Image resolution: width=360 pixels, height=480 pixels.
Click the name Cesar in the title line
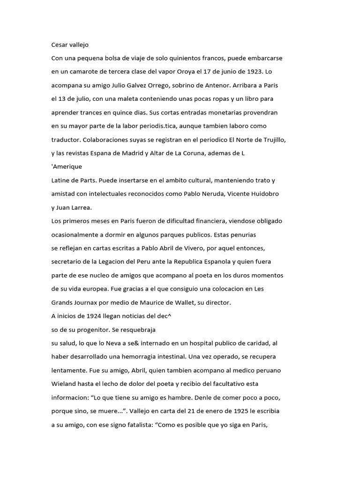tap(60, 45)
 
